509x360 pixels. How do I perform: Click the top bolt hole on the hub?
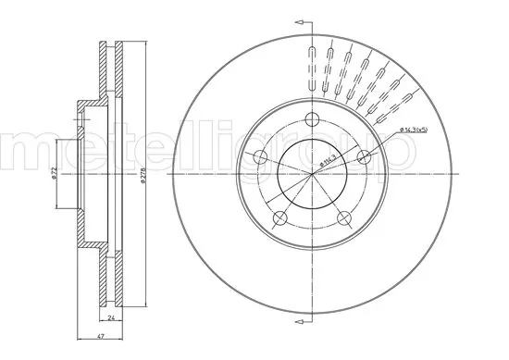314,118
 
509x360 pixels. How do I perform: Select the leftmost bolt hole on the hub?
262,156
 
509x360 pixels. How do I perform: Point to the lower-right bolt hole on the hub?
345,217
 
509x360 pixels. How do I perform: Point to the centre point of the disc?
314,173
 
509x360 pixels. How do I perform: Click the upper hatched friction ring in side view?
110,65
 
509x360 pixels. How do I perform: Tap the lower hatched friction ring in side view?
110,278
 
